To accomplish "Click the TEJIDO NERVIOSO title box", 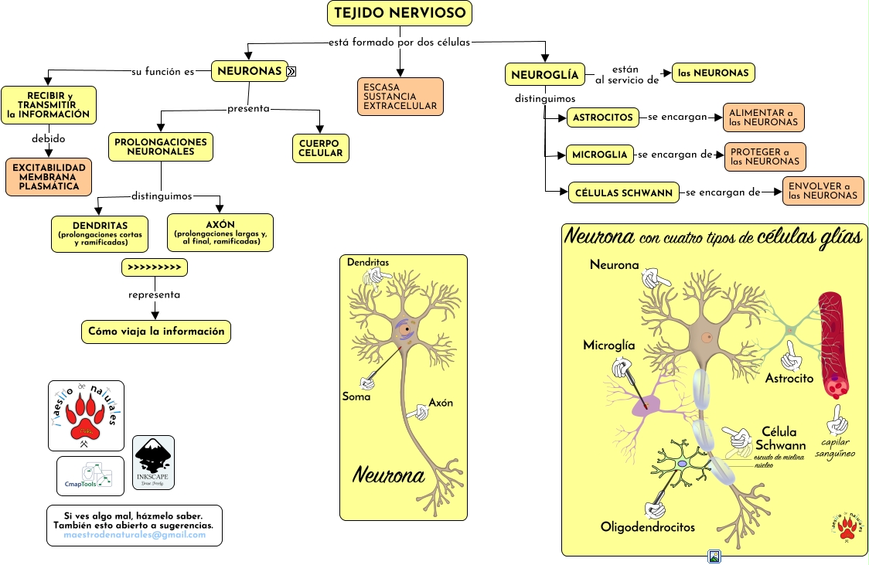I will click(x=400, y=13).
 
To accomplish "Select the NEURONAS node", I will click(x=249, y=71).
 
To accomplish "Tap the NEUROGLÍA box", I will click(x=544, y=75).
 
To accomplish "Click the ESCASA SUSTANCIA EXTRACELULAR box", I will click(x=400, y=97).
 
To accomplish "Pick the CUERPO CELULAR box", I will click(x=320, y=148).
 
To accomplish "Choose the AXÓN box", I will click(x=220, y=233).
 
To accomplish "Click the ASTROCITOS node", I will click(x=603, y=118).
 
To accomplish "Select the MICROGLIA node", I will click(x=600, y=155).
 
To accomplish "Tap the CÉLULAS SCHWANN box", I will click(x=624, y=192).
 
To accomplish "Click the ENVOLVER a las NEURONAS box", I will click(x=823, y=191).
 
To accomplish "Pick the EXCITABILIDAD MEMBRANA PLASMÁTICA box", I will click(x=49, y=177).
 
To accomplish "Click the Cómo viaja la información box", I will click(x=156, y=332).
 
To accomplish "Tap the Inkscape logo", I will click(x=153, y=462).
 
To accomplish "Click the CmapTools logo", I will click(x=90, y=476).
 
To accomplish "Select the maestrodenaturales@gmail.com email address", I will click(x=135, y=535).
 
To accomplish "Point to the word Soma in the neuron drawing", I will click(x=356, y=397).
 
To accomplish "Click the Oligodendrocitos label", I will click(x=647, y=527).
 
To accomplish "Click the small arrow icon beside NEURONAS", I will click(x=291, y=72).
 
